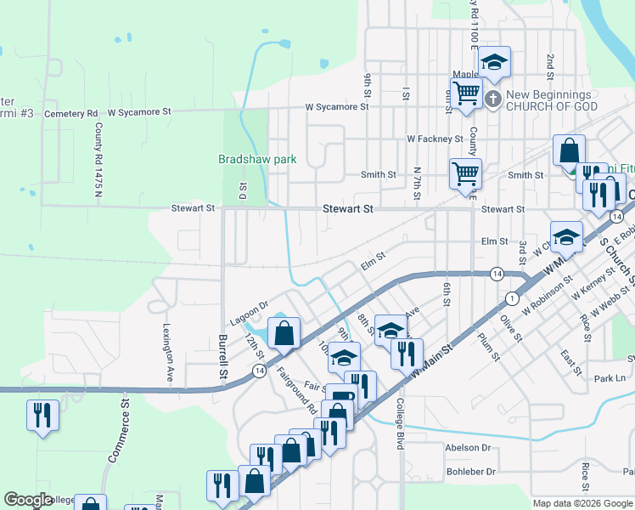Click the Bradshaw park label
click(256, 158)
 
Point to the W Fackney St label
click(435, 139)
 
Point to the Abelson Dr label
click(468, 447)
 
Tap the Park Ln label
click(610, 377)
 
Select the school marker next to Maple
click(494, 62)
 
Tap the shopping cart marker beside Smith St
click(465, 173)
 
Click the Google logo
click(28, 501)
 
